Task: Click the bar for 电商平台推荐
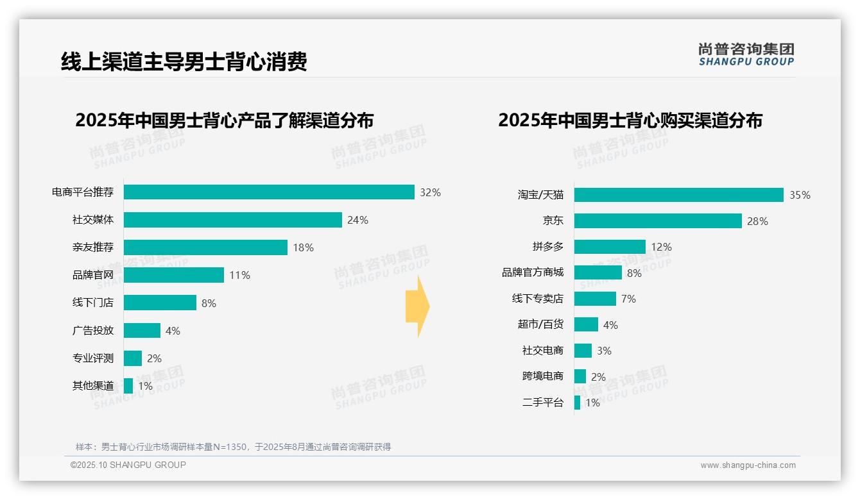pos(269,192)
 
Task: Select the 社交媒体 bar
pos(232,220)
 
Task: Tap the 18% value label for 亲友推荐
pos(303,247)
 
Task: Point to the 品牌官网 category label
pos(92,275)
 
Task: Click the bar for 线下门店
pos(160,303)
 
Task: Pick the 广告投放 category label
pos(92,330)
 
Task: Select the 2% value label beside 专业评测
pos(154,358)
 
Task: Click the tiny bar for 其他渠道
pos(128,386)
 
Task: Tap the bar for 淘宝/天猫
pos(678,195)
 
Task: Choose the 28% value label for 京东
pos(757,221)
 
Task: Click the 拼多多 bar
pos(610,247)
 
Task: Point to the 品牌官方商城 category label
pos(532,272)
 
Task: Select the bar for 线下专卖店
pos(595,299)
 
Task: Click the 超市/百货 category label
pos(540,324)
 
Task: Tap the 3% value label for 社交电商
pos(604,351)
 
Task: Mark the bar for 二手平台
pos(577,403)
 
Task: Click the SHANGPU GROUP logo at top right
pos(746,54)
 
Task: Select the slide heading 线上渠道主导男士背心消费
pos(184,62)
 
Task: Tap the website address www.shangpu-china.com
pos(748,465)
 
